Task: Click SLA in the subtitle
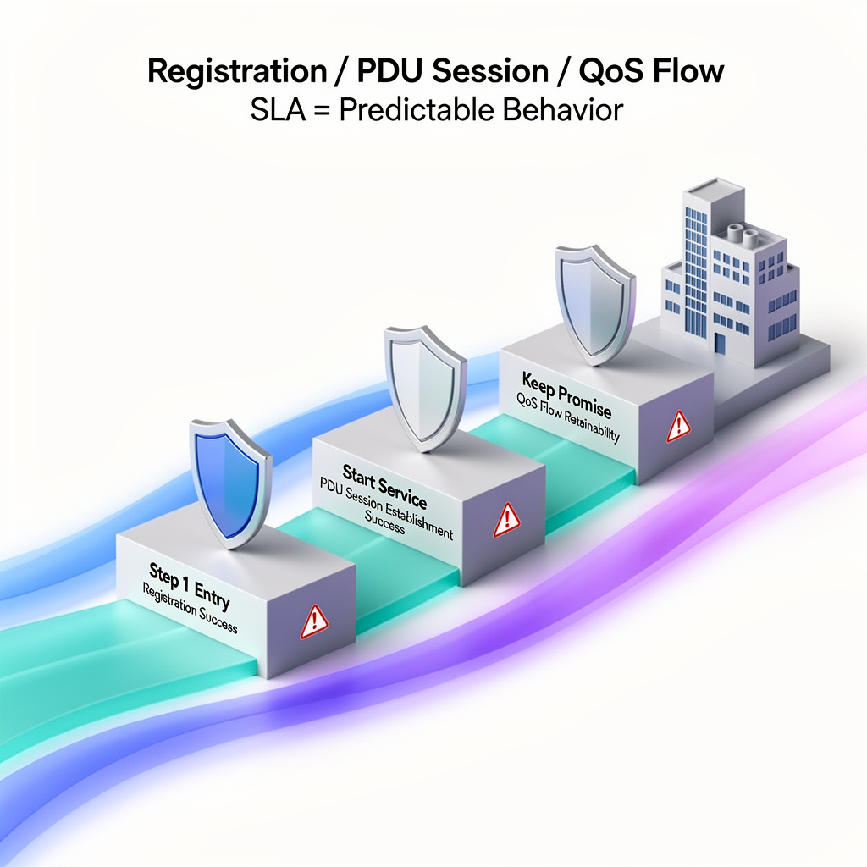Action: pyautogui.click(x=279, y=110)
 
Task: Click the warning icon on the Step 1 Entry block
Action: pyautogui.click(x=314, y=621)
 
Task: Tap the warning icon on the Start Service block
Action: pyautogui.click(x=506, y=517)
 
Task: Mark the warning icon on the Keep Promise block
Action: pyautogui.click(x=678, y=426)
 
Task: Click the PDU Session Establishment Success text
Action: pyautogui.click(x=384, y=508)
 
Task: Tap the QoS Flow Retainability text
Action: pyautogui.click(x=569, y=417)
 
